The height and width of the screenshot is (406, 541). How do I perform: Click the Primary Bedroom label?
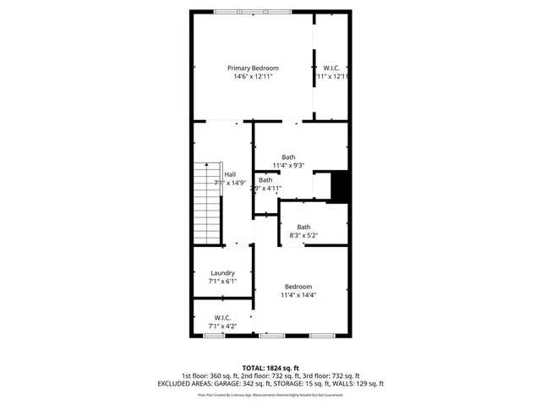pos(253,68)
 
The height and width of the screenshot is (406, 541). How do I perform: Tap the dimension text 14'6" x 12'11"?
pos(253,77)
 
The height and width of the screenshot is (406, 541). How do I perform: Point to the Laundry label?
pos(222,273)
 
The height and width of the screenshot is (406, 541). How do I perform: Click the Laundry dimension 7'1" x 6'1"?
pos(222,282)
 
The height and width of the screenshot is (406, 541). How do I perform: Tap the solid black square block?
pos(341,186)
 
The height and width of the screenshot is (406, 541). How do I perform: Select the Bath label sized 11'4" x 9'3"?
pos(289,156)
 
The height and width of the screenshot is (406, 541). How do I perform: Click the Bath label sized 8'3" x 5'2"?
pos(303,227)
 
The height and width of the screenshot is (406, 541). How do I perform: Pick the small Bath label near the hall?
pos(265,180)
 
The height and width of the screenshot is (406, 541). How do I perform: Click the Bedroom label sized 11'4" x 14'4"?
pos(298,286)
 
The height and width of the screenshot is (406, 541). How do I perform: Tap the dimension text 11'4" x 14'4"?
pos(298,295)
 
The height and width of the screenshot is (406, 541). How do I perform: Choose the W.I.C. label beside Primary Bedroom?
pos(331,68)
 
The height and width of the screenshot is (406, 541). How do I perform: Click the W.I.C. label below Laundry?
pos(222,317)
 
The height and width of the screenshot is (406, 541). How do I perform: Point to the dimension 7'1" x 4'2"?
pos(222,326)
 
